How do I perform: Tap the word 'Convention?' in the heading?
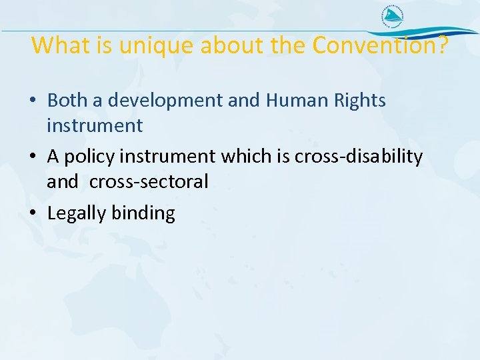[381, 45]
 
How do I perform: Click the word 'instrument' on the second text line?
[94, 125]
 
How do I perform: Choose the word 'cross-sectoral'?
[149, 181]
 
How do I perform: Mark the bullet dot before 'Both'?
[33, 101]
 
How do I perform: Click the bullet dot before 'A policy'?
[33, 157]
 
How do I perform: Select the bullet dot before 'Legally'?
[33, 214]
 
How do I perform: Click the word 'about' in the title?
[221, 45]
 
